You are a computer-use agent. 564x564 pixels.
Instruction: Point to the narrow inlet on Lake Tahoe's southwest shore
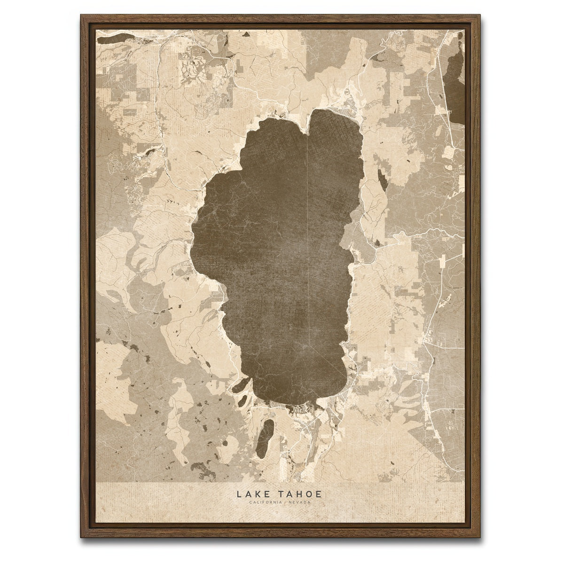tap(239, 388)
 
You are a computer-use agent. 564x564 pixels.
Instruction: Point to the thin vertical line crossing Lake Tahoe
tap(306, 235)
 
